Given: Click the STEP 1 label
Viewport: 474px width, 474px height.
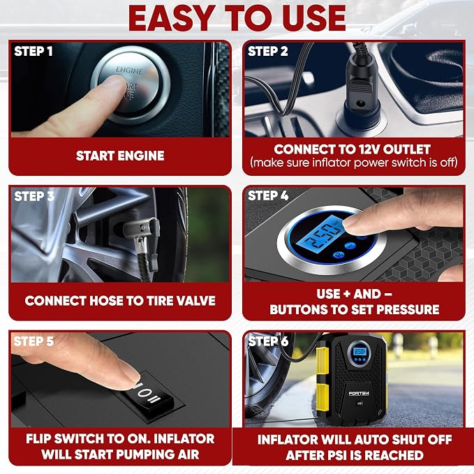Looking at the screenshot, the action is coord(34,51).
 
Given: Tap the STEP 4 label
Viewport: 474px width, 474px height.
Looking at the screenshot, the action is coord(268,195).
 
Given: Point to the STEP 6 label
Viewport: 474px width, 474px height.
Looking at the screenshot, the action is coord(268,341).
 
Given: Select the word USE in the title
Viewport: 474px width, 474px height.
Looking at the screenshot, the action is coord(308,18).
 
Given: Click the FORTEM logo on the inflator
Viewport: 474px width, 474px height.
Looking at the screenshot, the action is coord(359,393).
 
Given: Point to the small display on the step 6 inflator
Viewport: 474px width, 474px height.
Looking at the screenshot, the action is coord(360,351).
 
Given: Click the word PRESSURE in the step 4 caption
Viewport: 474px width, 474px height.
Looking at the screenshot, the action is coord(408,309).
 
